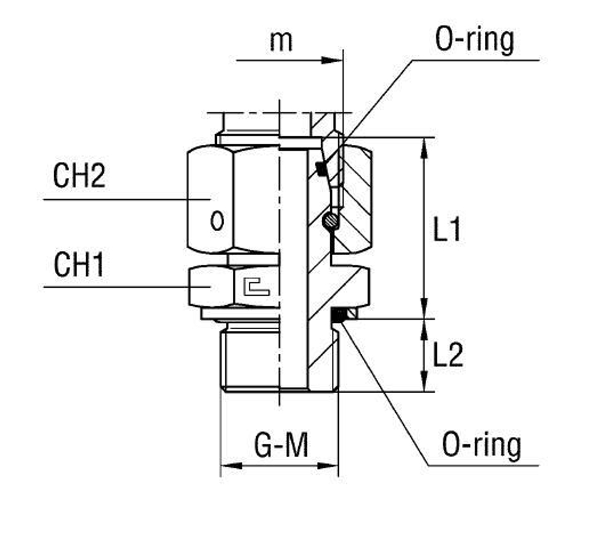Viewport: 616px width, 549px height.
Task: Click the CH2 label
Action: (x=79, y=176)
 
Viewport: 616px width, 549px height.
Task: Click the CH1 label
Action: (x=78, y=266)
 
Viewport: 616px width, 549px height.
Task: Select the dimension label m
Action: (x=281, y=41)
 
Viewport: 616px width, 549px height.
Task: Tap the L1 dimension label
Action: (x=447, y=231)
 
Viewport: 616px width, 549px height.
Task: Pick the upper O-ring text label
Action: (x=474, y=41)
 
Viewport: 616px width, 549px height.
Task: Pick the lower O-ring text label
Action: (x=481, y=445)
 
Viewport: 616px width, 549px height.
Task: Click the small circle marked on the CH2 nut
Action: (x=217, y=220)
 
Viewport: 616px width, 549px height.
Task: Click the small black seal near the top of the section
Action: (x=320, y=167)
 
